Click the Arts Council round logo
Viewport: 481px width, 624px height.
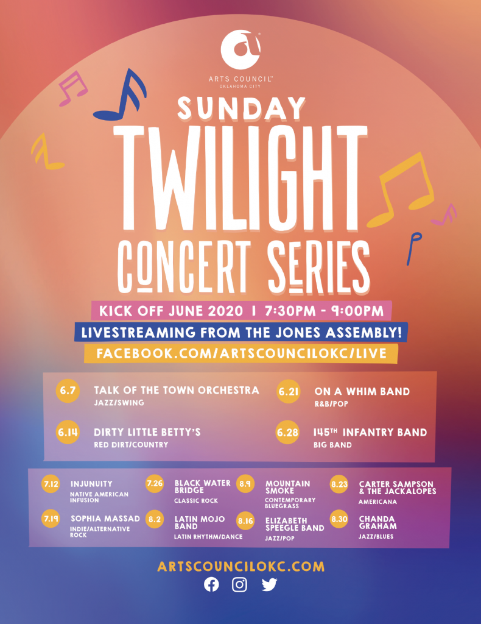(240, 50)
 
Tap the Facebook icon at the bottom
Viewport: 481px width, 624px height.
(211, 584)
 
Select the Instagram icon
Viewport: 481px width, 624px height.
(239, 584)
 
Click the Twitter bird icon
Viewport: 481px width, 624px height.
(269, 584)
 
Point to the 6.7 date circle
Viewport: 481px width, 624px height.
(68, 391)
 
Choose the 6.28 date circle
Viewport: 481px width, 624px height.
(287, 432)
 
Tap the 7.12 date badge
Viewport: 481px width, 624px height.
(51, 484)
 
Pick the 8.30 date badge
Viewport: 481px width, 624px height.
(339, 519)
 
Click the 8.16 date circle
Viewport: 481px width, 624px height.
(245, 521)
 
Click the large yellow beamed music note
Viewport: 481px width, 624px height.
(401, 190)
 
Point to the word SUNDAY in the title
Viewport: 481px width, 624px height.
(241, 108)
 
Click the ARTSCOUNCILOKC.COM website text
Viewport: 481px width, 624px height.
(241, 567)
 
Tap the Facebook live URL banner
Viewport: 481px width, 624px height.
(241, 353)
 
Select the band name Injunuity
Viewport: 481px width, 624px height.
(91, 484)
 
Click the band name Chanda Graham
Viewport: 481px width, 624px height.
(377, 522)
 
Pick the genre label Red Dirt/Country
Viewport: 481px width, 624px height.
(131, 444)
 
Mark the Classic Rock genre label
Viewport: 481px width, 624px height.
(196, 501)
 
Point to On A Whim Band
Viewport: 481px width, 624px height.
(362, 392)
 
